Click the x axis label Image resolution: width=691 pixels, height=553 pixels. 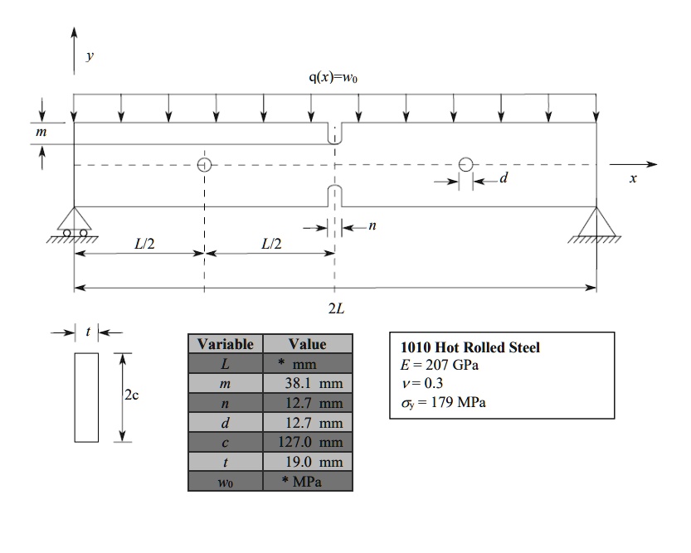633,180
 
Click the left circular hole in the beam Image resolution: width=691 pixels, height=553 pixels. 204,164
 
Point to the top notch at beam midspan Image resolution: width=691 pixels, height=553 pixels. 334,133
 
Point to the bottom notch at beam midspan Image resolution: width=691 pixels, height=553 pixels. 334,196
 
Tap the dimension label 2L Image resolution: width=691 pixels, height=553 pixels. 335,309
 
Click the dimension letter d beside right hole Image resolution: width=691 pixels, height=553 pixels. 502,180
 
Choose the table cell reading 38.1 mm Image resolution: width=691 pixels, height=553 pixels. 307,384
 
